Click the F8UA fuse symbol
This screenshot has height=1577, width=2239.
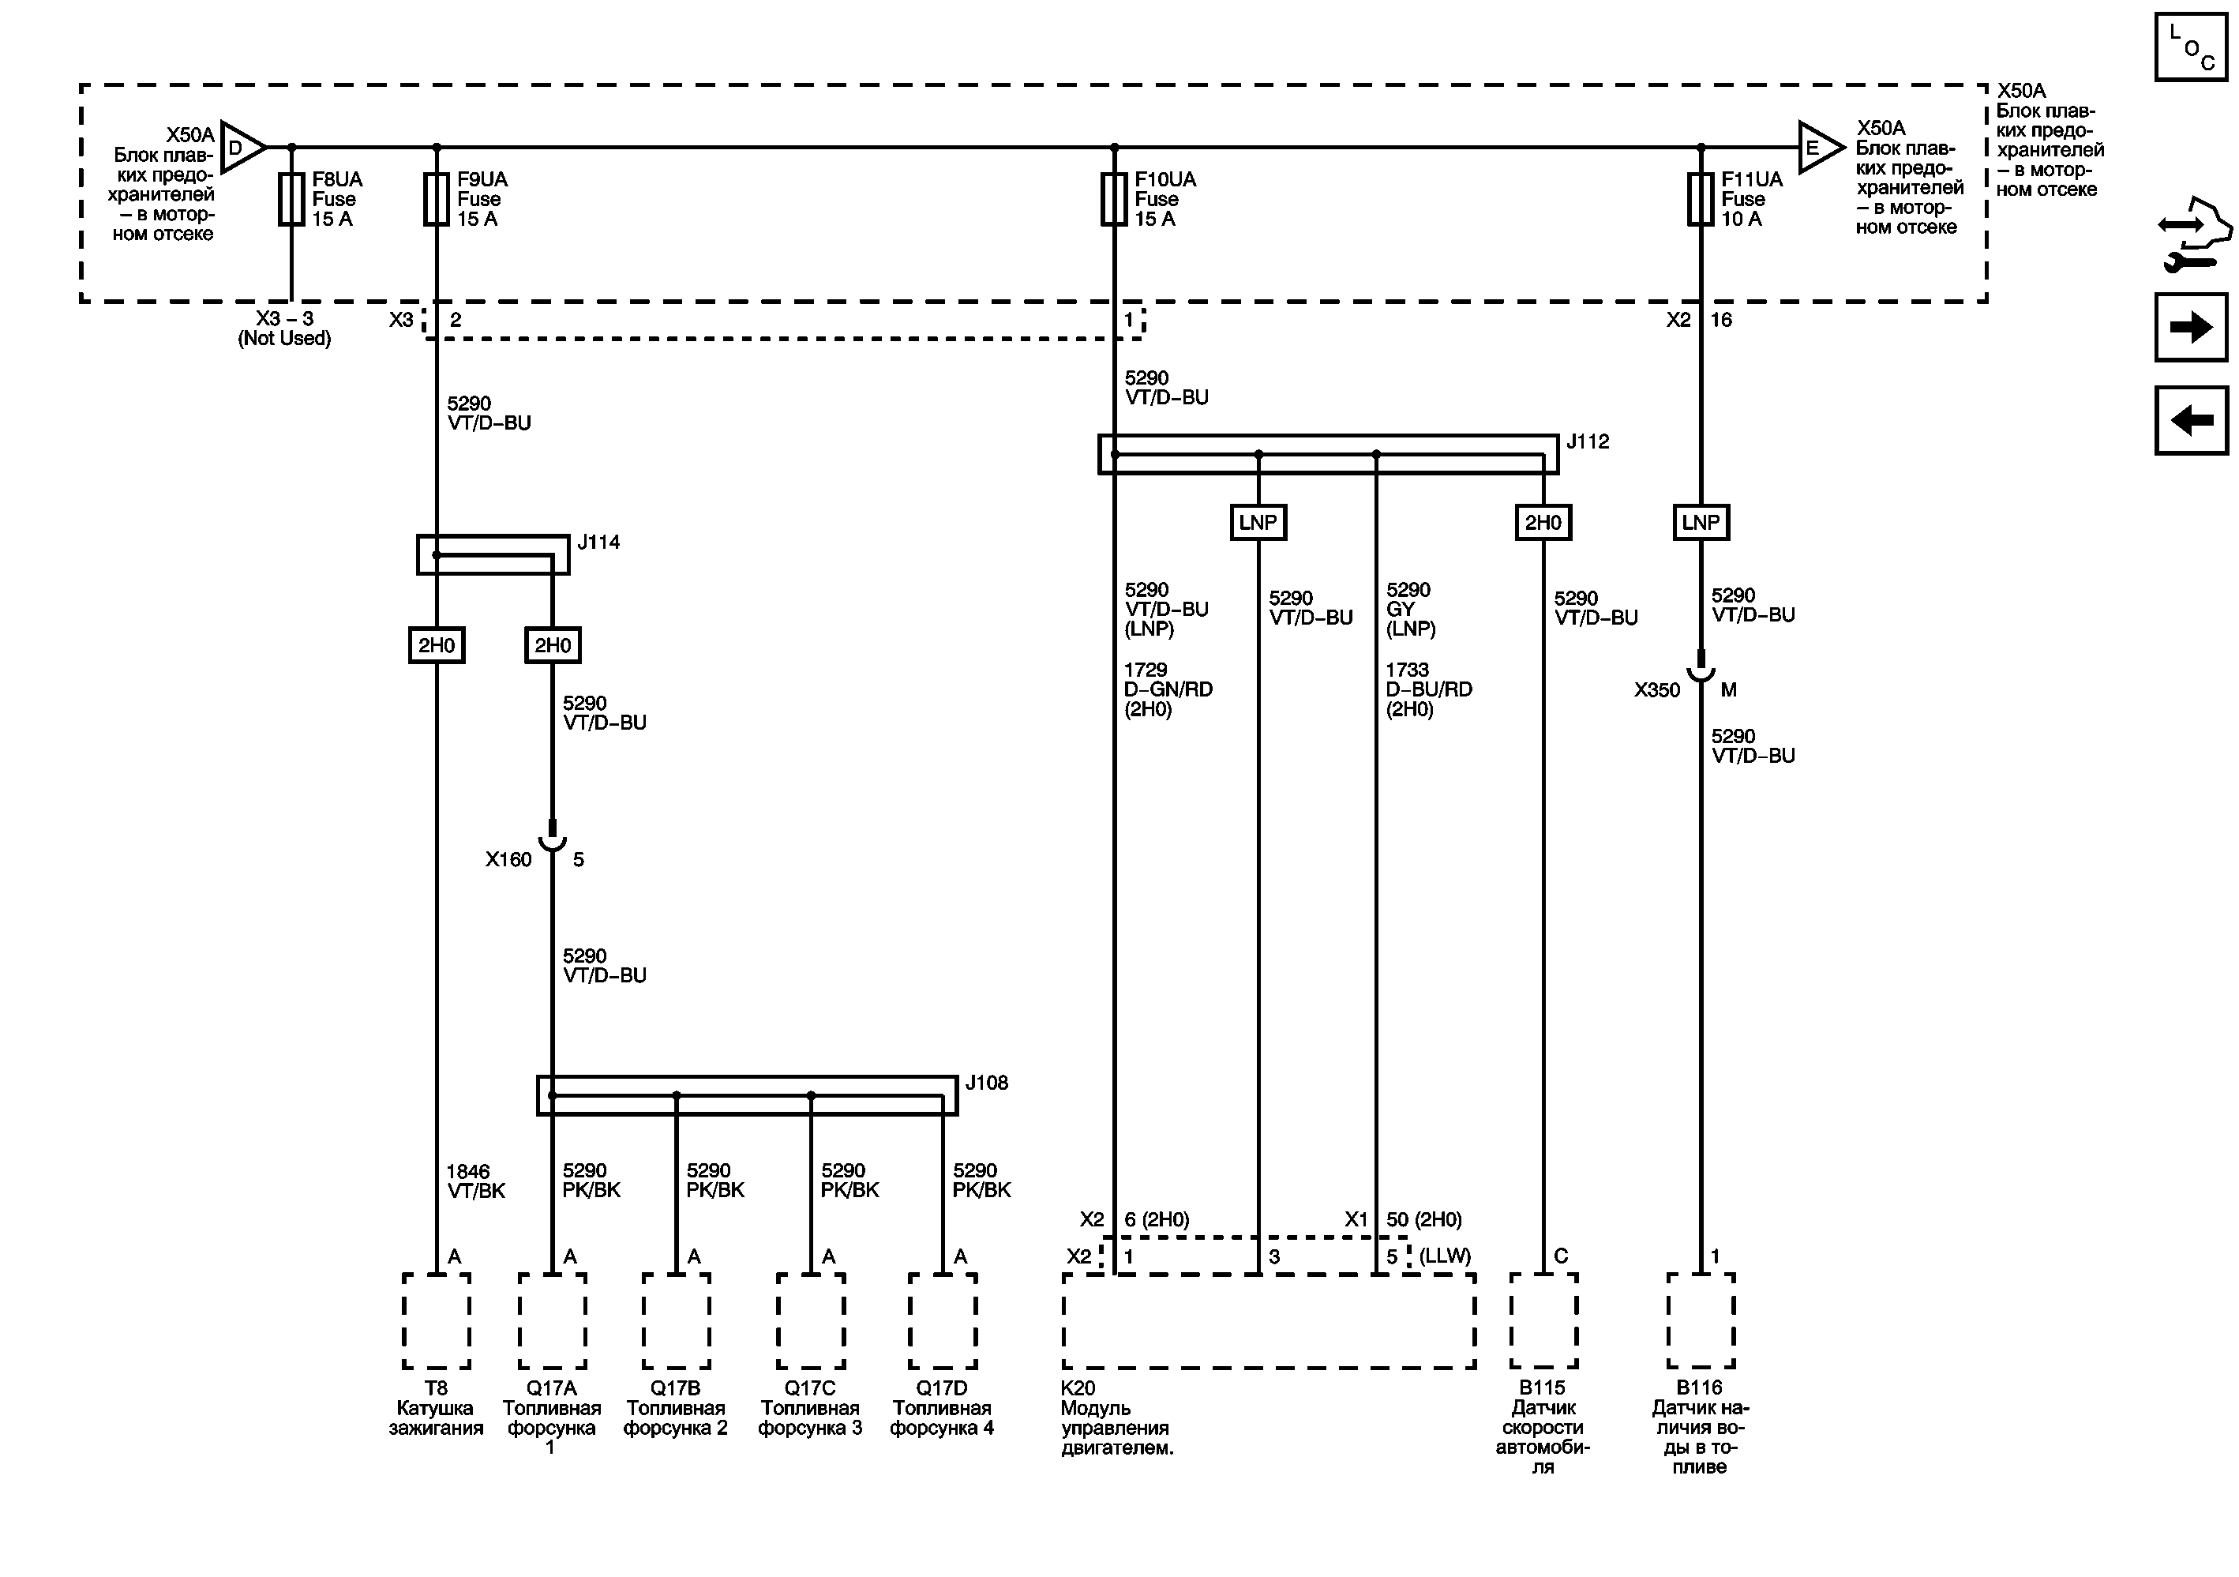pyautogui.click(x=291, y=199)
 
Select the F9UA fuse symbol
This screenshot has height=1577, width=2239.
pyautogui.click(x=436, y=199)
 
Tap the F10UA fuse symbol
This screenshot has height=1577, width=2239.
pyautogui.click(x=1114, y=199)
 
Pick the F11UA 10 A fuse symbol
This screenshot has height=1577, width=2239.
pyautogui.click(x=1701, y=199)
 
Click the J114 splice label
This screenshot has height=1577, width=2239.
pyautogui.click(x=598, y=543)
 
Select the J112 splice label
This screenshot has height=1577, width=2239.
pyautogui.click(x=1588, y=441)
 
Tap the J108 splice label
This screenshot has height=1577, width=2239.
pyautogui.click(x=986, y=1083)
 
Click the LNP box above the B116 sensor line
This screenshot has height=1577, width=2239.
pyautogui.click(x=1701, y=523)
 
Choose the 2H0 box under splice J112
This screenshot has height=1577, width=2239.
pyautogui.click(x=1543, y=523)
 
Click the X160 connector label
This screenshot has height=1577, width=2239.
pyautogui.click(x=508, y=859)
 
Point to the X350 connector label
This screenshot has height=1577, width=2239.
pyautogui.click(x=1657, y=690)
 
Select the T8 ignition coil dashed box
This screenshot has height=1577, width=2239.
pyautogui.click(x=436, y=1320)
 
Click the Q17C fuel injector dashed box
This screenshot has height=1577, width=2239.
pyautogui.click(x=810, y=1320)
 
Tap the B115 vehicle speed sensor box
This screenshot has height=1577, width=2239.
pyautogui.click(x=1543, y=1320)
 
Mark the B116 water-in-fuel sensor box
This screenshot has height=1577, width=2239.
pyautogui.click(x=1700, y=1320)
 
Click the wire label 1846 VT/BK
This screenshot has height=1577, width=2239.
pyautogui.click(x=476, y=1181)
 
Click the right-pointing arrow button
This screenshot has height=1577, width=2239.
pyautogui.click(x=2191, y=327)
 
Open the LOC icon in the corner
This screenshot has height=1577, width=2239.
pyautogui.click(x=2191, y=47)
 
